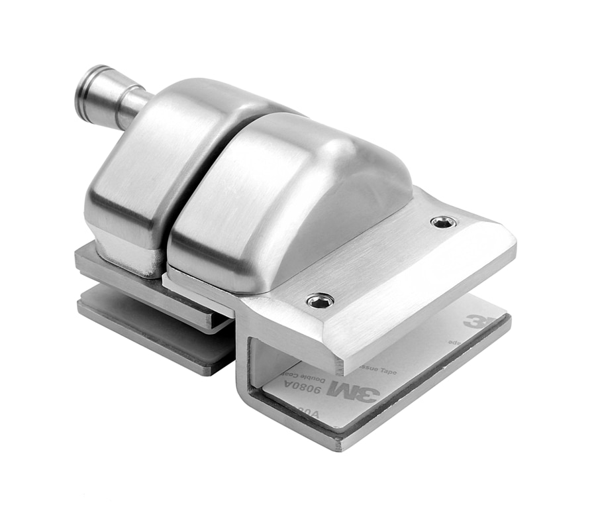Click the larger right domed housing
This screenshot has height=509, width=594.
click(285, 192)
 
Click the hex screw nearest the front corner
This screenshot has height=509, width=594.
click(320, 301)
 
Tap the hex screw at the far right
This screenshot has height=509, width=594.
click(443, 222)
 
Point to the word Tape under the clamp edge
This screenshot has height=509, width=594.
click(385, 371)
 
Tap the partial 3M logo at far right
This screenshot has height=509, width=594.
click(475, 321)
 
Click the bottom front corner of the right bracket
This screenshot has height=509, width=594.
click(341, 445)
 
